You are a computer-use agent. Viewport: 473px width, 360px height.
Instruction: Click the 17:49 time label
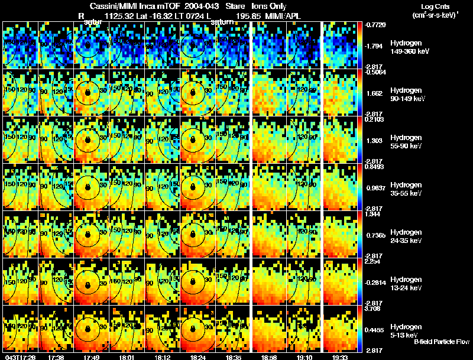click(91, 356)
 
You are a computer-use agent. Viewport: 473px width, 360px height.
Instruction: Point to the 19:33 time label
click(340, 356)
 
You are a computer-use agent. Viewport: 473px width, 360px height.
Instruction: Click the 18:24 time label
click(197, 356)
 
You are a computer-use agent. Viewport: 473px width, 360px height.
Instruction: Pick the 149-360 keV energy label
click(409, 51)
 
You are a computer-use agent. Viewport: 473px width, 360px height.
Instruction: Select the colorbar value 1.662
click(375, 93)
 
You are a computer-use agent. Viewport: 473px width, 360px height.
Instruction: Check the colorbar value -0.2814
click(377, 283)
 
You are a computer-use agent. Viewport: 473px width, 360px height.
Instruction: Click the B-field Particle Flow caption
click(442, 342)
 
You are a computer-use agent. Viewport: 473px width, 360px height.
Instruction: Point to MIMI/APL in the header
click(284, 16)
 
